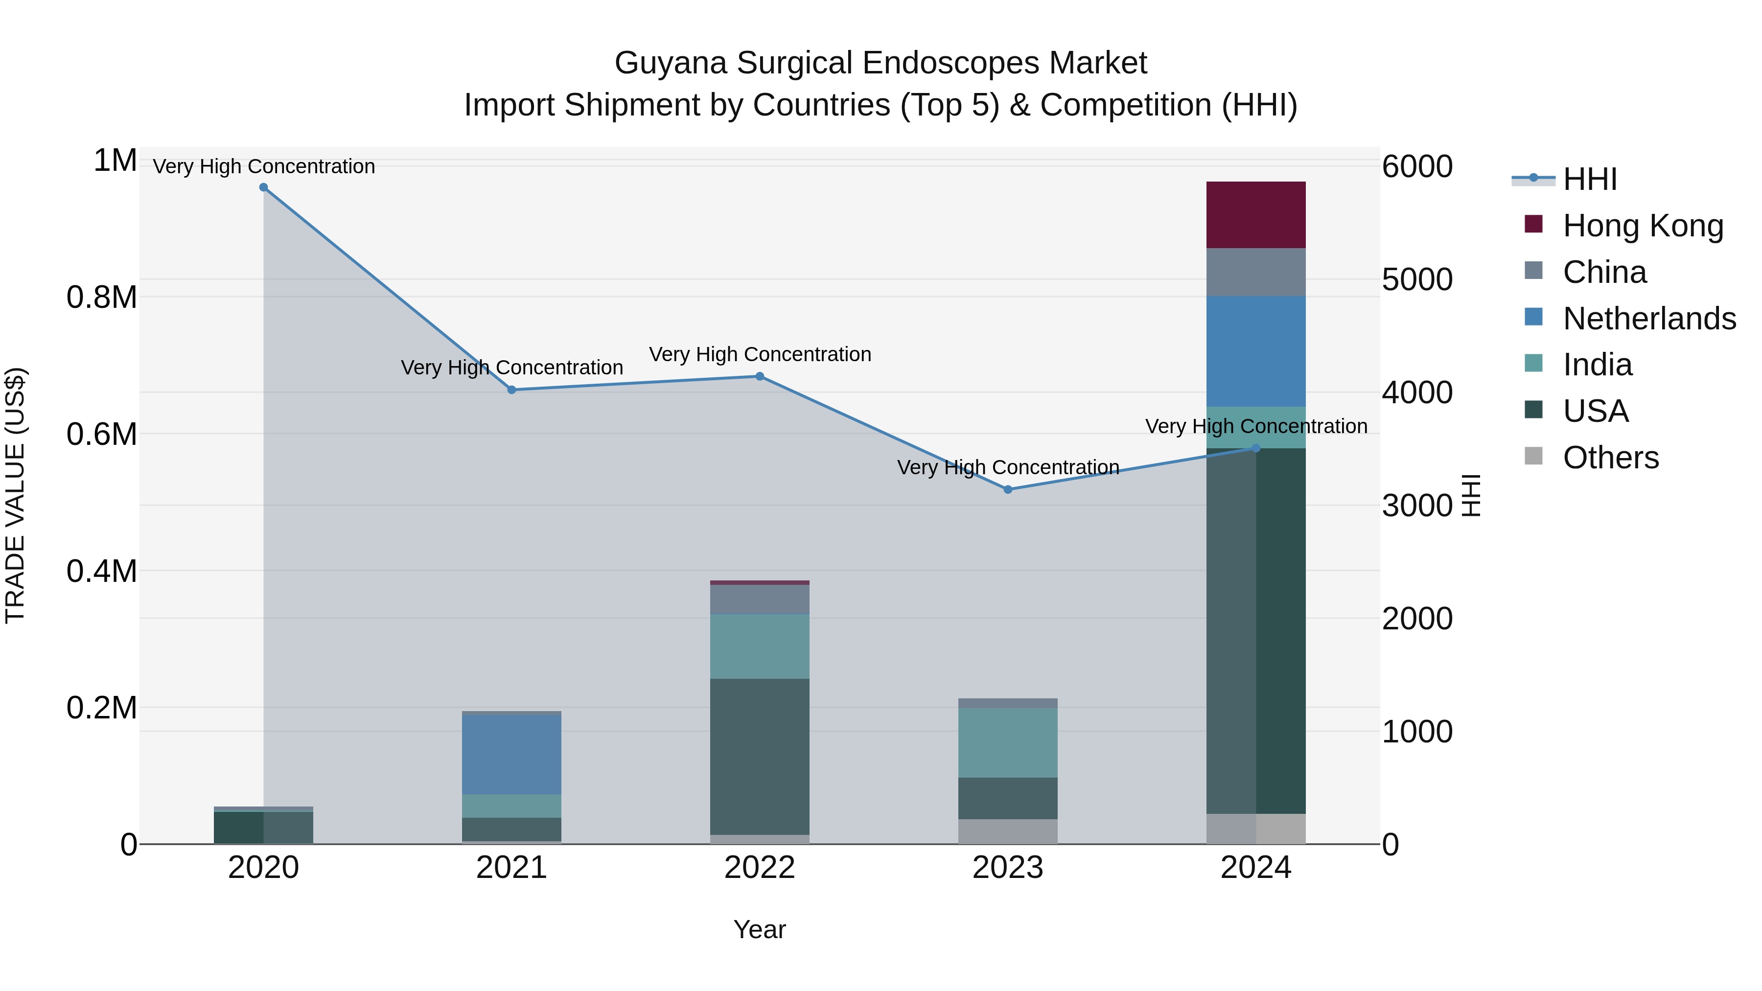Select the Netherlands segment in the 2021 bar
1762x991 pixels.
pyautogui.click(x=511, y=754)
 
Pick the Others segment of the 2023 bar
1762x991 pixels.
pyautogui.click(x=1008, y=831)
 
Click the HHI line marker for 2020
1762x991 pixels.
pyautogui.click(x=263, y=187)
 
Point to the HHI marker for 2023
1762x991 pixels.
pyautogui.click(x=1008, y=490)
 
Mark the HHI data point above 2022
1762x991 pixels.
pyautogui.click(x=759, y=376)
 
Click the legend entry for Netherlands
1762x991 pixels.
pyautogui.click(x=1648, y=319)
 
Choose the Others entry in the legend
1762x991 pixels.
pyautogui.click(x=1610, y=458)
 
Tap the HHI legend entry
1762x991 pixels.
pyautogui.click(x=1590, y=179)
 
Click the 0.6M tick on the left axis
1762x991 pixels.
pyautogui.click(x=101, y=434)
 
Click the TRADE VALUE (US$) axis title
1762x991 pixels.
pyautogui.click(x=15, y=495)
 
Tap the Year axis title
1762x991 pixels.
pyautogui.click(x=759, y=929)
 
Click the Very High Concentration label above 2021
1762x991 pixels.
pyautogui.click(x=511, y=368)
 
